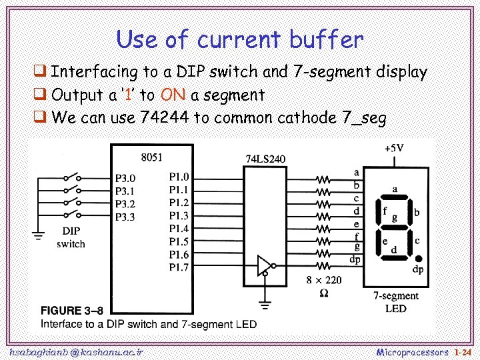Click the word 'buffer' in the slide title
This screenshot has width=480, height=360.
point(327,39)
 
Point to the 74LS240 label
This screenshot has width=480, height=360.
point(265,159)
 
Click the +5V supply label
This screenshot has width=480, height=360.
point(394,148)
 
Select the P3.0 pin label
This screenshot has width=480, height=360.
point(125,178)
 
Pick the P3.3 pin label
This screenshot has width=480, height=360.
point(125,217)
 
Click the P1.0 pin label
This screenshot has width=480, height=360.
point(179,177)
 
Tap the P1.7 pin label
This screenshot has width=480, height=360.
point(179,267)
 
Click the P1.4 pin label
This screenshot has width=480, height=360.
point(179,229)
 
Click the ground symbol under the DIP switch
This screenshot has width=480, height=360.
point(39,235)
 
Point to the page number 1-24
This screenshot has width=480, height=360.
point(463,351)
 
